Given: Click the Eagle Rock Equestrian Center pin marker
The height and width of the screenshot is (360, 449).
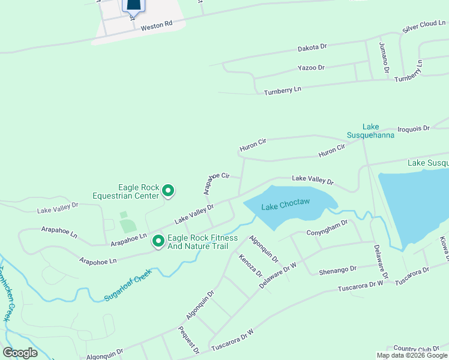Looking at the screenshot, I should [168, 191].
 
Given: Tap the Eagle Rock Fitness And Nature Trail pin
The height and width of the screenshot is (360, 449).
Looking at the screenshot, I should [158, 241].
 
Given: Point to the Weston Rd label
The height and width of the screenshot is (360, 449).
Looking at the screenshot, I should [157, 26].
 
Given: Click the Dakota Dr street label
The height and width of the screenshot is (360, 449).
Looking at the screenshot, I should [312, 47].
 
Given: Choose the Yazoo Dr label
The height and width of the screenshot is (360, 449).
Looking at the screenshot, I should [311, 68].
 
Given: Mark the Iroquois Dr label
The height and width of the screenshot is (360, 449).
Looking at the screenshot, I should [414, 128].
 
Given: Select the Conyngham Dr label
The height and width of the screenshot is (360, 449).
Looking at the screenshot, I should [327, 227].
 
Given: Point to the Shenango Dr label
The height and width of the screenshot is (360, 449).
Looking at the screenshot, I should [337, 269].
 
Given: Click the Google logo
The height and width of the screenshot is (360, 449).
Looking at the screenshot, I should [20, 353].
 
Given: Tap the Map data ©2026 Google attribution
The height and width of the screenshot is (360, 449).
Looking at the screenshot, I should [412, 355].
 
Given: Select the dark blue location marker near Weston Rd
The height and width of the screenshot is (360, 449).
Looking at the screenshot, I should [133, 6].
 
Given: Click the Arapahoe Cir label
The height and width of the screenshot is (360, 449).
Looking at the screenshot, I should [217, 181].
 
